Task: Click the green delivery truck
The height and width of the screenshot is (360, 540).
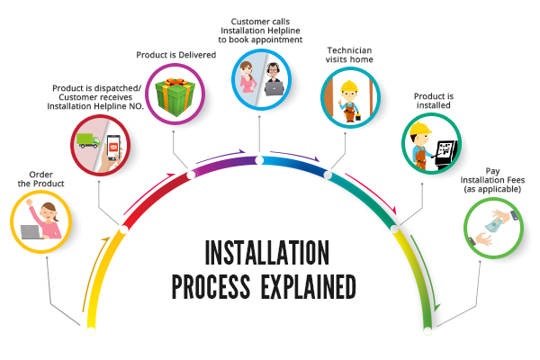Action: (88, 140)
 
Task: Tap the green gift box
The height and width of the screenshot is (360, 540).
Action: (175, 96)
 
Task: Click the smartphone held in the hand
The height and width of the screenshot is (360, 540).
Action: (113, 148)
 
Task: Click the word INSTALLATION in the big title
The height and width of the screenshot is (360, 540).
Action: (267, 253)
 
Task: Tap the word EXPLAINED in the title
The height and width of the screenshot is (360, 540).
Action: (308, 286)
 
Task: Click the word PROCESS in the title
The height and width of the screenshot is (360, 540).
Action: (211, 286)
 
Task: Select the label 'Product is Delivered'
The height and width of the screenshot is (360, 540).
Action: (176, 55)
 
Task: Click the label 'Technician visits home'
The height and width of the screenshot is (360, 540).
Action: (349, 55)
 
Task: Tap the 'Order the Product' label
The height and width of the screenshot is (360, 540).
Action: (41, 179)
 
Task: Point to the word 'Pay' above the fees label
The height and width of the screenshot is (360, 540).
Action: (492, 171)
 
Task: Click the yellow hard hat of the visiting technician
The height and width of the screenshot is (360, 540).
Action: (349, 86)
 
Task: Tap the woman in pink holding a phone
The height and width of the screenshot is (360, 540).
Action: (247, 76)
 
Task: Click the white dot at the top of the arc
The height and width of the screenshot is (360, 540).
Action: (259, 160)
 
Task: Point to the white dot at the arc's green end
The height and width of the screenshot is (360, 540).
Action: (427, 331)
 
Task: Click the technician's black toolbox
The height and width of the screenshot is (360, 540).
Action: (358, 117)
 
